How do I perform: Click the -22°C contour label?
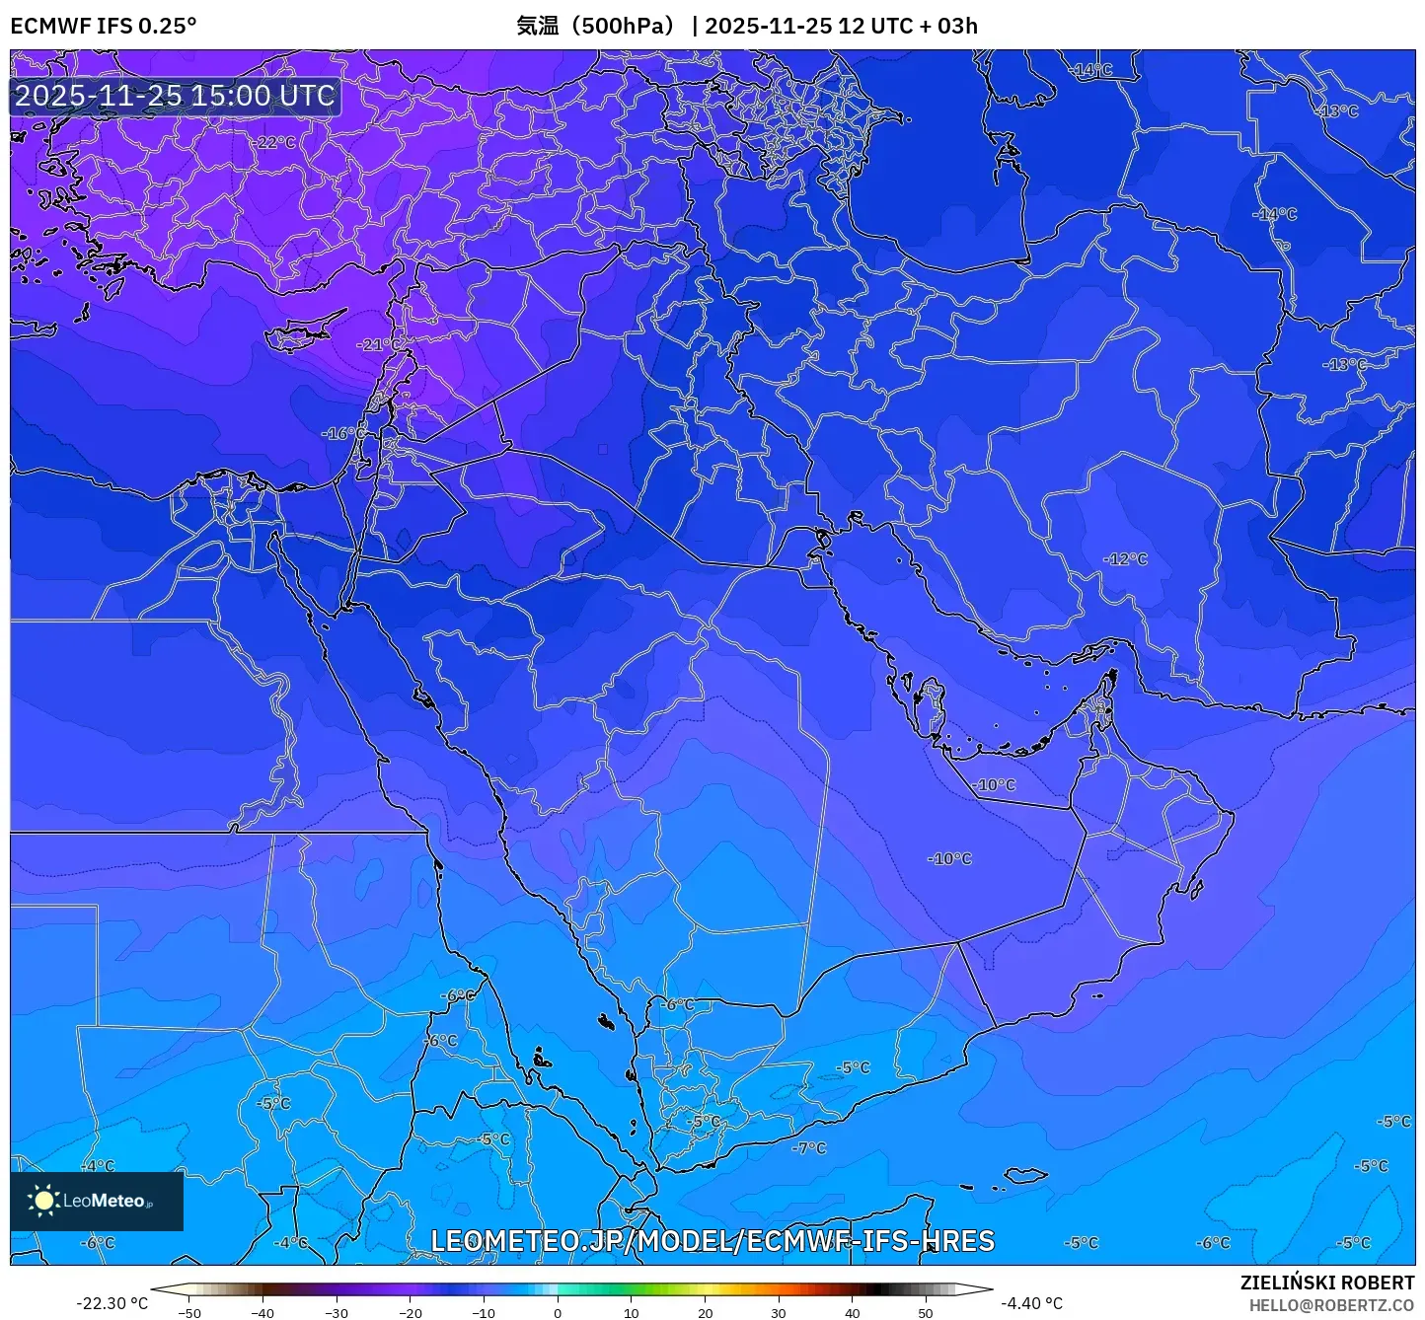point(275,142)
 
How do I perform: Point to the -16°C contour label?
point(344,433)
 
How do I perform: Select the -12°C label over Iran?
point(1126,559)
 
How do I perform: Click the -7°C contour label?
point(809,1148)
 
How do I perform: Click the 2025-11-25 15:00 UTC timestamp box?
point(175,96)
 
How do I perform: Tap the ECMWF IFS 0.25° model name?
point(104,26)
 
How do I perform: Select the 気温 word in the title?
point(538,26)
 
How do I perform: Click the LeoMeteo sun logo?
point(43,1201)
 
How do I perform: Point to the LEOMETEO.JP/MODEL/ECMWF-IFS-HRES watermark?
point(712,1241)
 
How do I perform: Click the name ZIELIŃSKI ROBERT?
point(1327,1283)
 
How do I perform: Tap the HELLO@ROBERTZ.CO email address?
point(1331,1305)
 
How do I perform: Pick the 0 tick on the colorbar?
point(558,1312)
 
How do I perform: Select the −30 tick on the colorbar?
point(337,1312)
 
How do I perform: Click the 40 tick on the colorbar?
point(852,1312)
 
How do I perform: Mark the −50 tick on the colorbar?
point(189,1312)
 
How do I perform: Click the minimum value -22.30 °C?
point(112,1303)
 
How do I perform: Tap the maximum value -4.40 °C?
point(1032,1303)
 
